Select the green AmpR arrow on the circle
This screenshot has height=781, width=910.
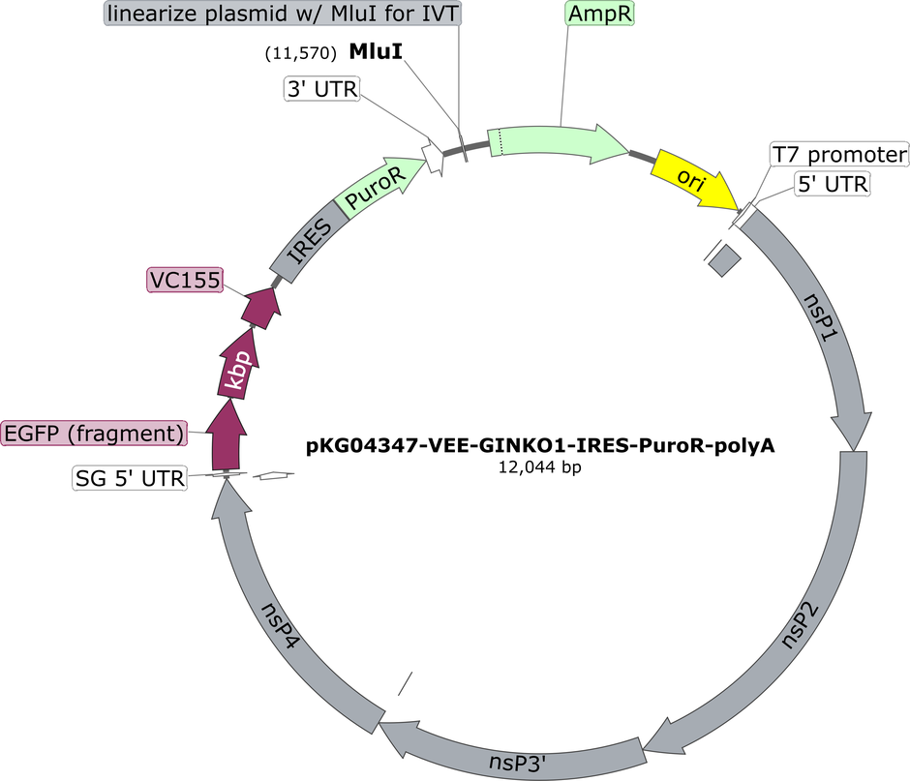point(558,140)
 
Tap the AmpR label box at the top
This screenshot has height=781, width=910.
point(599,14)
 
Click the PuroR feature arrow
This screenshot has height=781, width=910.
point(379,186)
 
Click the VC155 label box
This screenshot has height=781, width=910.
point(185,281)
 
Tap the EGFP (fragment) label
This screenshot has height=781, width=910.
point(95,434)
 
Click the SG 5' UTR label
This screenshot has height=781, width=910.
point(130,478)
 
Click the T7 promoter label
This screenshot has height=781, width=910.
point(839,154)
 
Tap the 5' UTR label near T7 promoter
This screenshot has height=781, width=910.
point(833,184)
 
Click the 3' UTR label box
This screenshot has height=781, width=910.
point(322,89)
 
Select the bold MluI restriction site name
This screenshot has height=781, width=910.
point(376,51)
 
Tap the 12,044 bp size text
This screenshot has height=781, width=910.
point(540,467)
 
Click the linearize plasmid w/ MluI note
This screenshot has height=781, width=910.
point(284,14)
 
